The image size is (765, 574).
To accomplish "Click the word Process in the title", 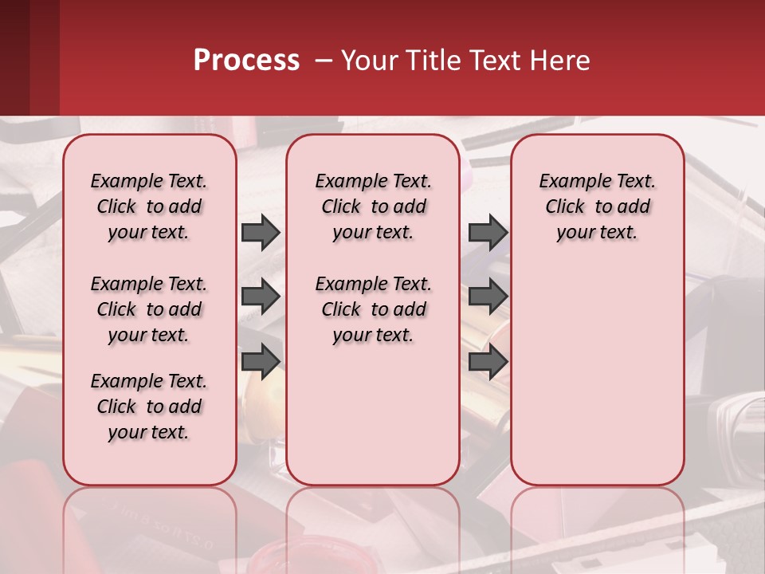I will [246, 61].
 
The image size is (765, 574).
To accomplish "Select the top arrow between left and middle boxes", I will [261, 233].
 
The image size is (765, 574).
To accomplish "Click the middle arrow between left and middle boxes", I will [261, 297].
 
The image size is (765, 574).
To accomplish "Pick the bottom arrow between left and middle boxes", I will [261, 361].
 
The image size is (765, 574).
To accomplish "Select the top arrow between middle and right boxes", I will [488, 233].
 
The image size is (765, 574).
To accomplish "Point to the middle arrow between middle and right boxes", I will [488, 297].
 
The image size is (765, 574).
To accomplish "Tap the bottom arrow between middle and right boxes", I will [488, 361].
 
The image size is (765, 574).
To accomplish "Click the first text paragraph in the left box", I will [149, 206].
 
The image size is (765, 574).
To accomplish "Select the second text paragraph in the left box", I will [149, 309].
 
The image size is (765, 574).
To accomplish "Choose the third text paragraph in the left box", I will [149, 407].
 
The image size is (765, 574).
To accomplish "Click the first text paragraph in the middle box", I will [374, 206].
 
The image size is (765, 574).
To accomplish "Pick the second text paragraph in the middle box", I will [374, 309].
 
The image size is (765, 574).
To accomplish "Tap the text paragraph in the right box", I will [598, 206].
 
